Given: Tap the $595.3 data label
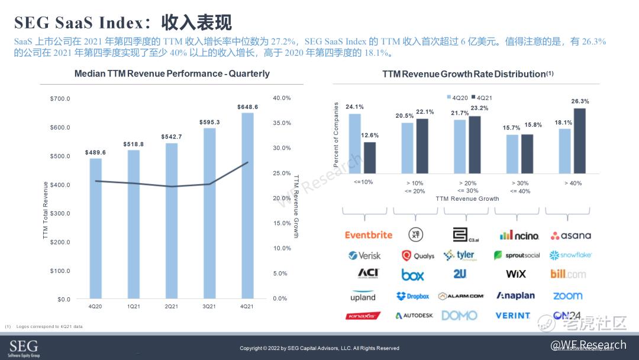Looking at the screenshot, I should tap(209, 123).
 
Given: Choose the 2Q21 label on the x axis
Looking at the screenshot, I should tap(172, 306).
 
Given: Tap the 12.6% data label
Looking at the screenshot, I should tap(370, 136).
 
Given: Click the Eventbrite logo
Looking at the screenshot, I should tap(369, 235).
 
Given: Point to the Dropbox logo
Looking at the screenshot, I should tap(413, 296).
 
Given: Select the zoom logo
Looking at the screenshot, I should tap(567, 296).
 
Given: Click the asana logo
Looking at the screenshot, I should tap(570, 236).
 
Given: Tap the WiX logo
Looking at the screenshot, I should tap(516, 274).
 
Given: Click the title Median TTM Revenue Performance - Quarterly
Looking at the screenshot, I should tap(172, 74).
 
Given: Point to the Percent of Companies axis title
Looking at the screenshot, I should tap(336, 134).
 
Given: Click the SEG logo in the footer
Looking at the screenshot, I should tap(24, 348).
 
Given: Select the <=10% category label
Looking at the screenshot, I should tap(363, 182).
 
